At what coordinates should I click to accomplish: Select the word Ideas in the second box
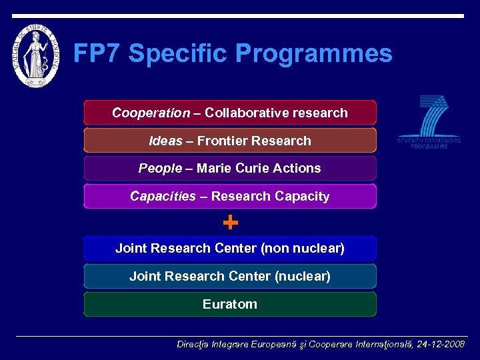pos(165,141)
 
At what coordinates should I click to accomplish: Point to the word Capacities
pos(163,196)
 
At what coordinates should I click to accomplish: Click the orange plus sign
pos(230,222)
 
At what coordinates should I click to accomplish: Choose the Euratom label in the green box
pos(230,304)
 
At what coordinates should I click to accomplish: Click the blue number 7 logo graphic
pos(431,116)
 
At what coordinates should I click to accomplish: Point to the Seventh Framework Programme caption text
pos(429,143)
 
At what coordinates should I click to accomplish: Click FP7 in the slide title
pos(97,53)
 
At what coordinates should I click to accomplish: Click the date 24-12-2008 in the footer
pos(441,345)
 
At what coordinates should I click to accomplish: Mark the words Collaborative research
pos(276,113)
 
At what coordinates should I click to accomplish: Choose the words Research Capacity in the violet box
pos(270,196)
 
